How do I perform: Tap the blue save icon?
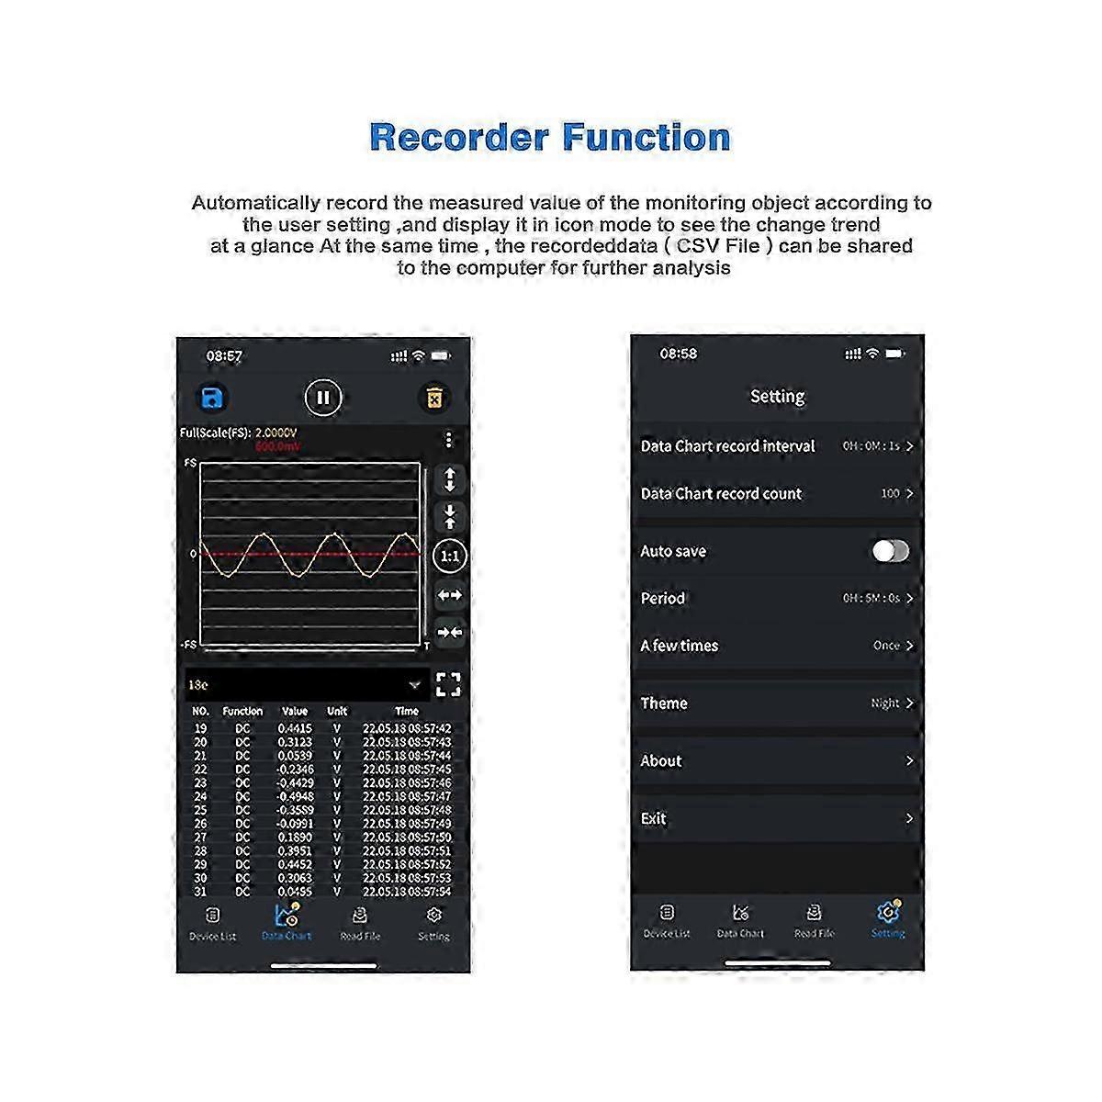(x=212, y=398)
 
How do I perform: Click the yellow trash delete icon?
(x=434, y=398)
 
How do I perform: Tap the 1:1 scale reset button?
(x=450, y=556)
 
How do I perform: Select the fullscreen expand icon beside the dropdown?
(x=448, y=684)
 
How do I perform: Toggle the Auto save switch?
(x=890, y=551)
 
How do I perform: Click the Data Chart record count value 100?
(x=890, y=494)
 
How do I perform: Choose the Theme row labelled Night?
(x=777, y=703)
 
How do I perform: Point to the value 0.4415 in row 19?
(x=295, y=728)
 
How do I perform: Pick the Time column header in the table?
(x=406, y=711)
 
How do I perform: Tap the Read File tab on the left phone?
(x=360, y=922)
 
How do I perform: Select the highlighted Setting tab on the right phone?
(x=887, y=919)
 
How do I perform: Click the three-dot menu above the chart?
(x=448, y=440)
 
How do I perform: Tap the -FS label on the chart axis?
(x=188, y=645)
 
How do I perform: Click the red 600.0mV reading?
(x=277, y=446)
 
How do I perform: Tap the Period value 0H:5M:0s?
(x=871, y=599)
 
